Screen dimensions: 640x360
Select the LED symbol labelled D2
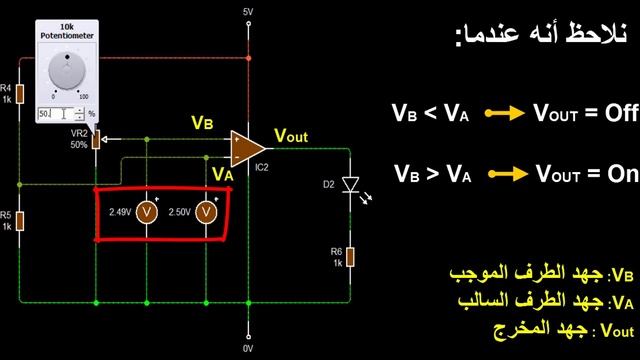click(350, 185)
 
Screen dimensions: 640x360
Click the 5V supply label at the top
click(248, 12)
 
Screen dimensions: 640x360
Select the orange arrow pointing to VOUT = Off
click(505, 114)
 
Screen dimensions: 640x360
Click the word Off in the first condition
click(614, 113)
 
